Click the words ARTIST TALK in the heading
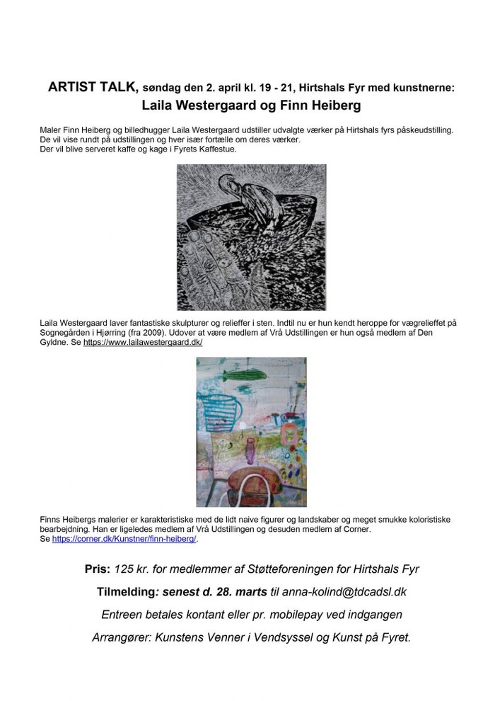(88, 89)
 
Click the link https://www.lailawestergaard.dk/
(143, 342)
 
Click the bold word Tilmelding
(129, 592)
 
